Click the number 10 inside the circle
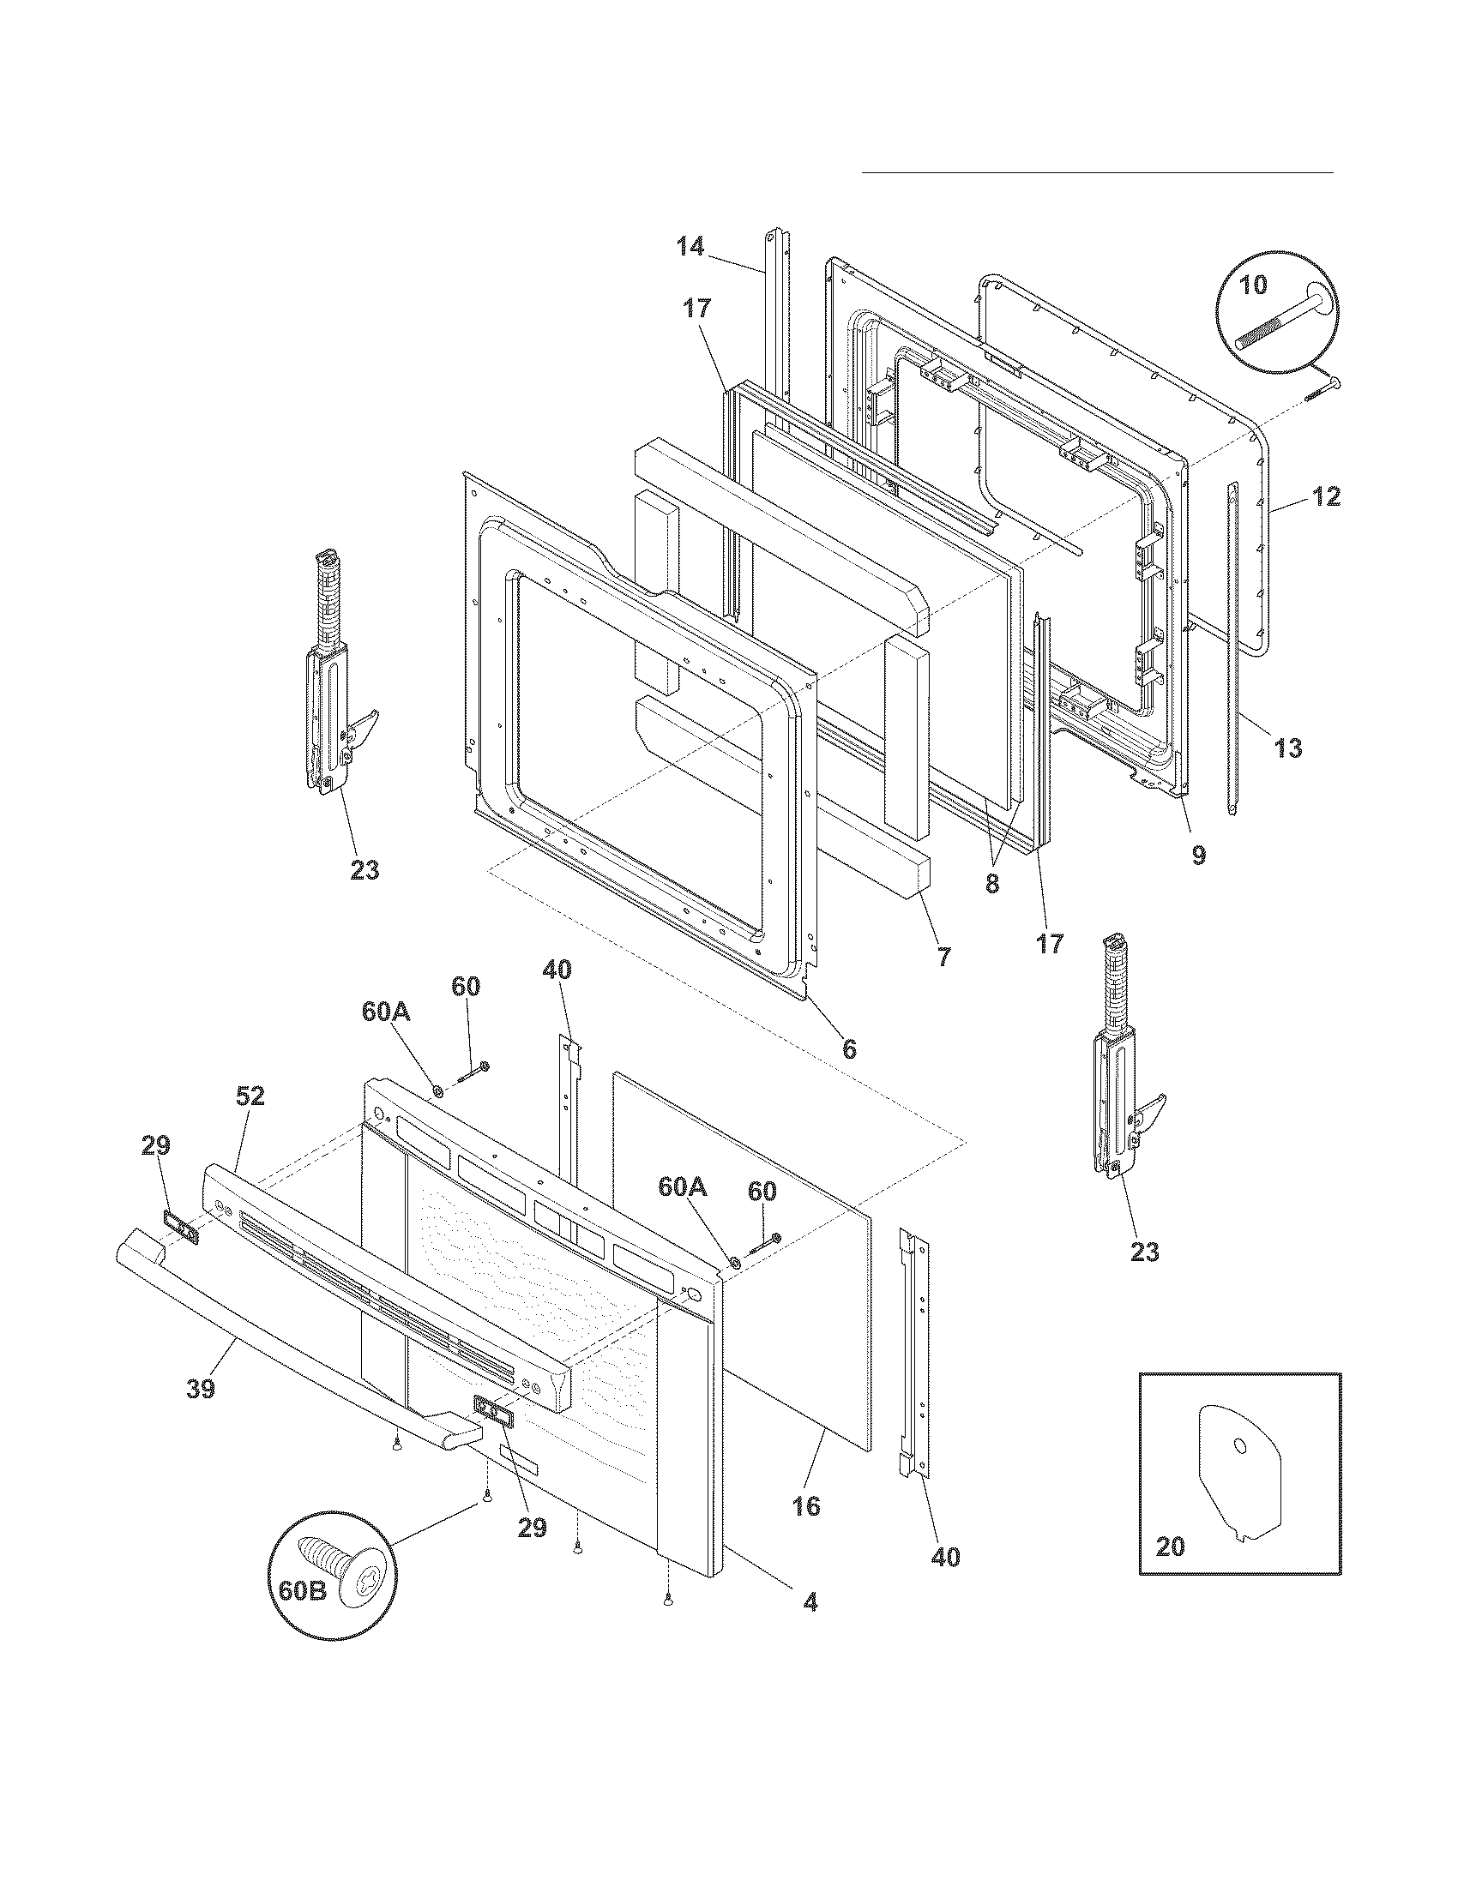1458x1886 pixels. pyautogui.click(x=1253, y=284)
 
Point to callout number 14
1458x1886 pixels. pyautogui.click(x=690, y=247)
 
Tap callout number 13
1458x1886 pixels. pyautogui.click(x=1288, y=748)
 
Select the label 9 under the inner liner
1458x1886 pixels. pyautogui.click(x=1199, y=855)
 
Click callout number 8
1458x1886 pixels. pyautogui.click(x=992, y=885)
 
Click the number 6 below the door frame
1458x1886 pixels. pyautogui.click(x=849, y=1048)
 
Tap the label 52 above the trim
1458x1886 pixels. pyautogui.click(x=250, y=1096)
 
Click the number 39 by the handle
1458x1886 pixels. pyautogui.click(x=201, y=1390)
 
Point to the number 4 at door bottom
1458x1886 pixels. pyautogui.click(x=810, y=1603)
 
